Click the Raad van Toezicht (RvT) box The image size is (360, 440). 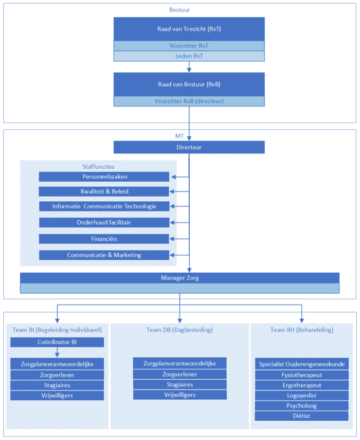click(189, 29)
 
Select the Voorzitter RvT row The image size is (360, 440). click(189, 46)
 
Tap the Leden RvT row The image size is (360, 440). click(189, 56)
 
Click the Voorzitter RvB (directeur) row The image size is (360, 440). click(189, 101)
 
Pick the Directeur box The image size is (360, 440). click(189, 147)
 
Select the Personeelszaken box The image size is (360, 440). click(104, 177)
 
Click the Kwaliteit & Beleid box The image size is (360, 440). click(104, 191)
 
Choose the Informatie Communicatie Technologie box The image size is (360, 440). click(104, 206)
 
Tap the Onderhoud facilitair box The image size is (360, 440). click(104, 222)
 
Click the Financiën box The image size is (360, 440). click(104, 239)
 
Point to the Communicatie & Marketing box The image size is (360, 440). click(104, 255)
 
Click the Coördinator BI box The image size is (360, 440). click(57, 342)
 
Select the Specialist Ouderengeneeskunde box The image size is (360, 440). click(302, 364)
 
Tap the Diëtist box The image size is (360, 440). click(302, 416)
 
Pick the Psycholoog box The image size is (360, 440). click(302, 406)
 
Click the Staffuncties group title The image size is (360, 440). click(98, 167)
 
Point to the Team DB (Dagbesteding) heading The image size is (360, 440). click(179, 330)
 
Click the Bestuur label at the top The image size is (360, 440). click(179, 10)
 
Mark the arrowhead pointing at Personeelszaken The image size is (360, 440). click(173, 177)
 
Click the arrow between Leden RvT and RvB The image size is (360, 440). click(189, 67)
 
